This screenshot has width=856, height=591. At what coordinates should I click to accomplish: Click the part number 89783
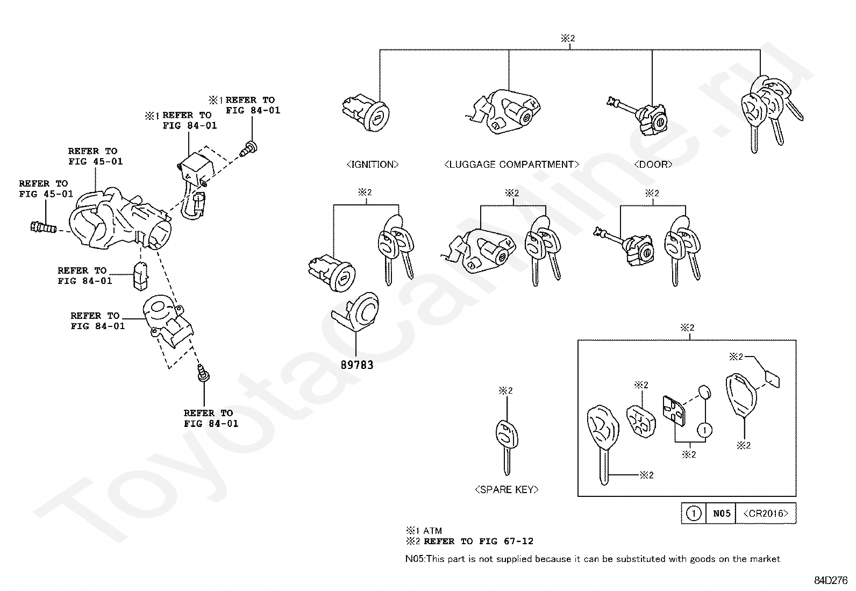[x=356, y=365]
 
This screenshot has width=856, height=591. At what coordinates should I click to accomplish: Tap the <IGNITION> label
[x=372, y=165]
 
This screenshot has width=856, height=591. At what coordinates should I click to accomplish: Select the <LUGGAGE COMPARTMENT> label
[x=511, y=165]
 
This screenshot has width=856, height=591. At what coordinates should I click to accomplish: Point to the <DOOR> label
[x=653, y=165]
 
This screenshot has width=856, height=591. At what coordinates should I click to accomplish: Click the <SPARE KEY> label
[x=507, y=489]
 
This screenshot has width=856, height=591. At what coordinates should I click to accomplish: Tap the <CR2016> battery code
[x=765, y=514]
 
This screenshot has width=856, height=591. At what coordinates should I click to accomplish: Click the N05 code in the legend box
[x=722, y=514]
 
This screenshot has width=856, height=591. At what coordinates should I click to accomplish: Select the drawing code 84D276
[x=831, y=580]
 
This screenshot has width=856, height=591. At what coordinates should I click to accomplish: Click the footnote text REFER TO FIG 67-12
[x=479, y=542]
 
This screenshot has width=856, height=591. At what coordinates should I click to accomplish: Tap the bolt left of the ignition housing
[x=44, y=228]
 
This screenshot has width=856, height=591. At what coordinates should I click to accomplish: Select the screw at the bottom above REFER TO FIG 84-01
[x=203, y=373]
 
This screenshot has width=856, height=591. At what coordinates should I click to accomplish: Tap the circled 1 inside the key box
[x=705, y=430]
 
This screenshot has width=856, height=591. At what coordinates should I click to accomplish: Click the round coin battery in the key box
[x=705, y=391]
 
